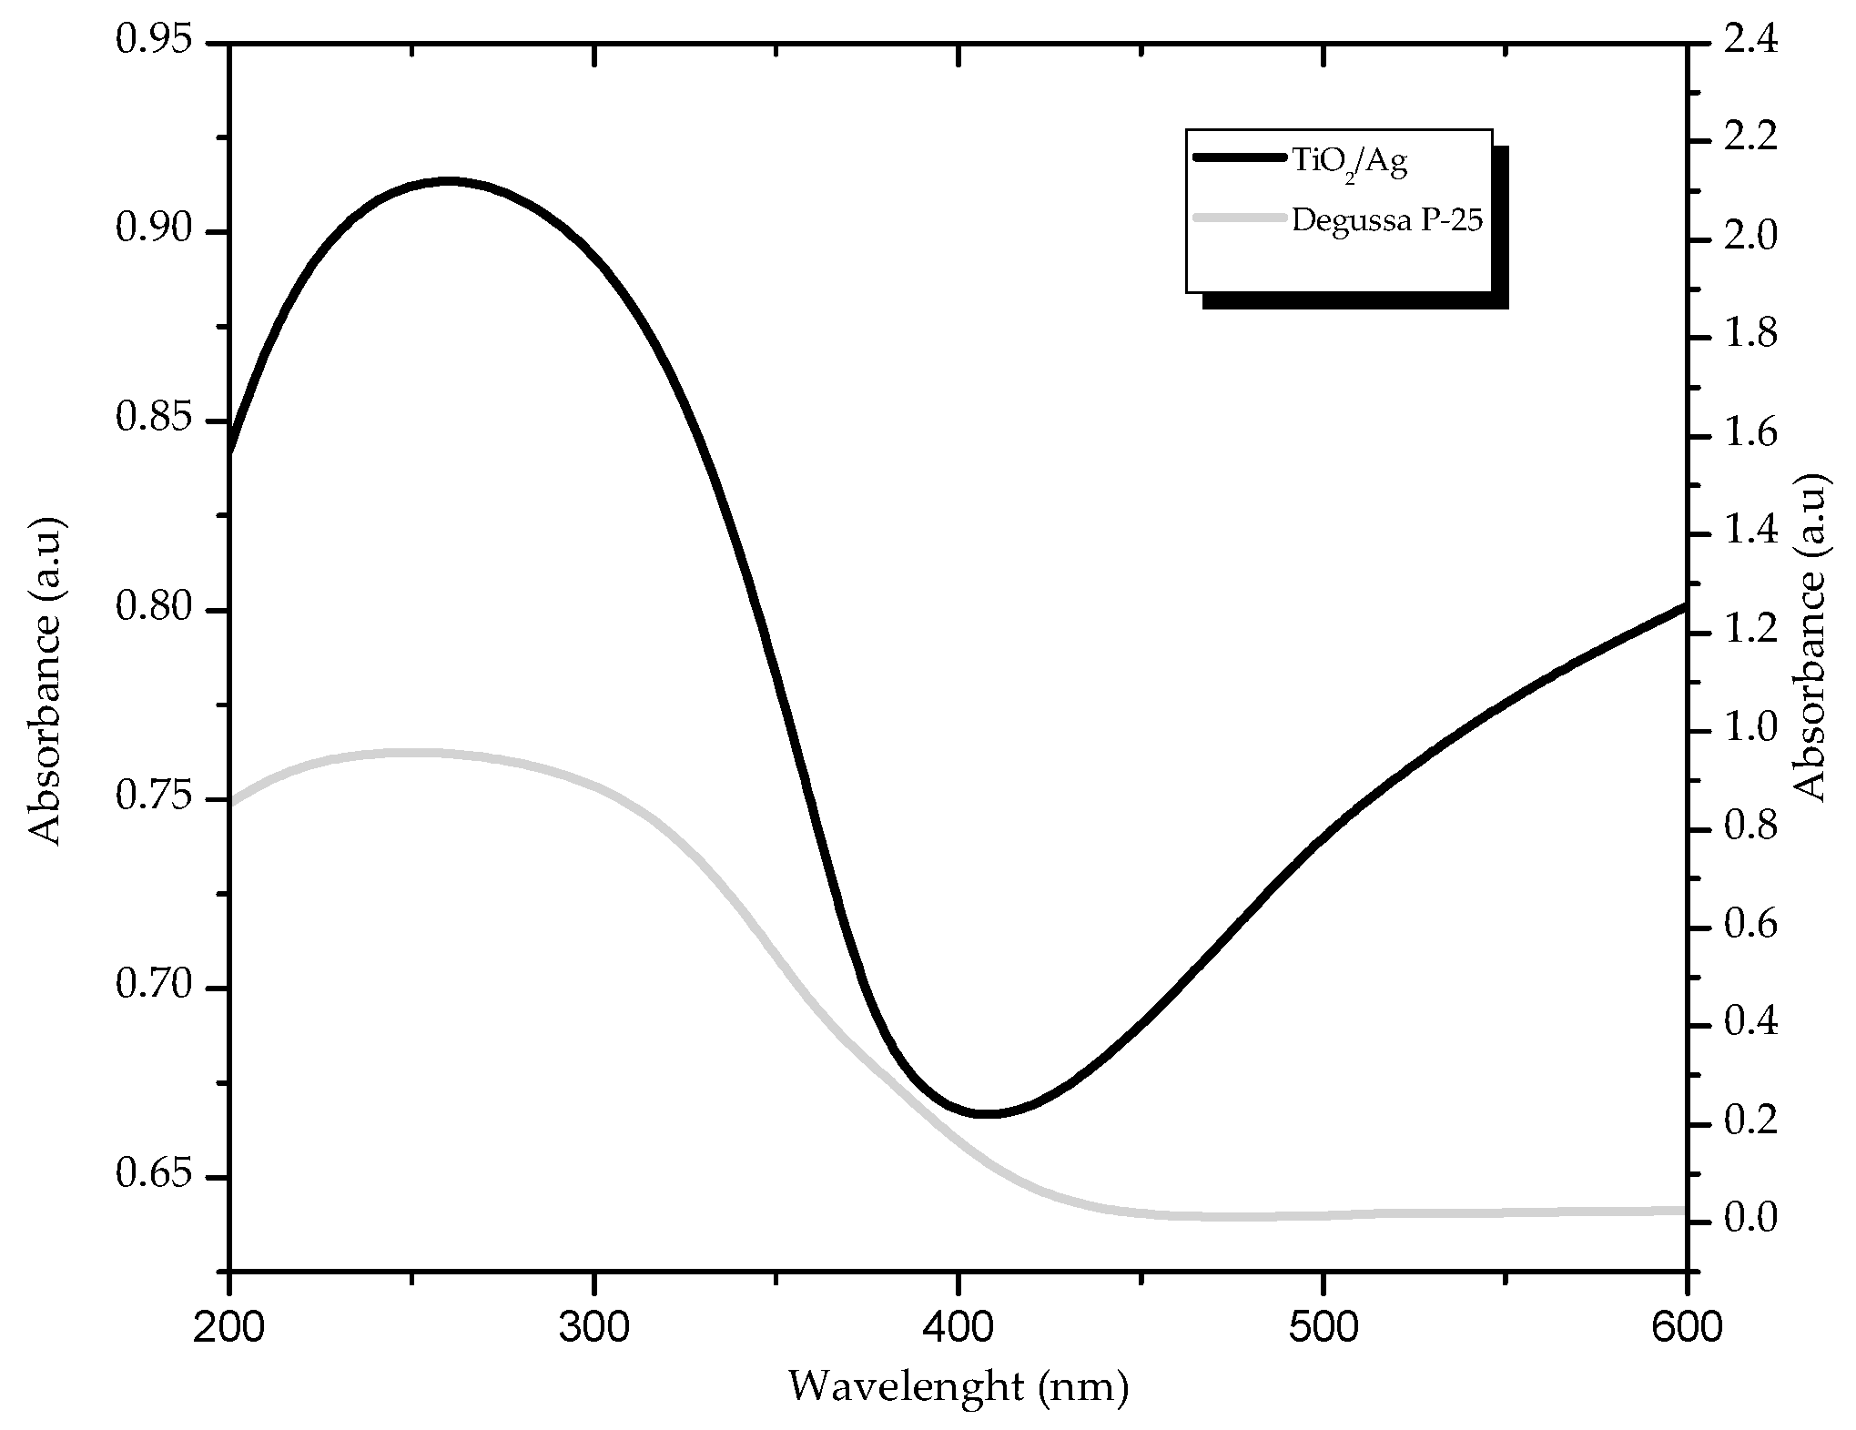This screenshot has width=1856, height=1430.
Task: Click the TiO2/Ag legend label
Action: coord(1348,163)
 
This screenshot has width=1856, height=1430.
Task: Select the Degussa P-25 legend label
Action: coord(1387,221)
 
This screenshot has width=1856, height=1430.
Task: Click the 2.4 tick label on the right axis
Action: coord(1753,42)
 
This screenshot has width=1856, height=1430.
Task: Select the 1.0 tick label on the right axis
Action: coord(1753,729)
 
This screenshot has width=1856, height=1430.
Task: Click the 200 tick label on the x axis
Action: coord(228,1328)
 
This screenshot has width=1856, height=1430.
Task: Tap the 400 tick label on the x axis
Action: coord(958,1328)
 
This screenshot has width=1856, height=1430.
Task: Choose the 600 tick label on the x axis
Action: coord(1687,1328)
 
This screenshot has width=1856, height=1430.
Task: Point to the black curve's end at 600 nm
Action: coord(1684,606)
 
